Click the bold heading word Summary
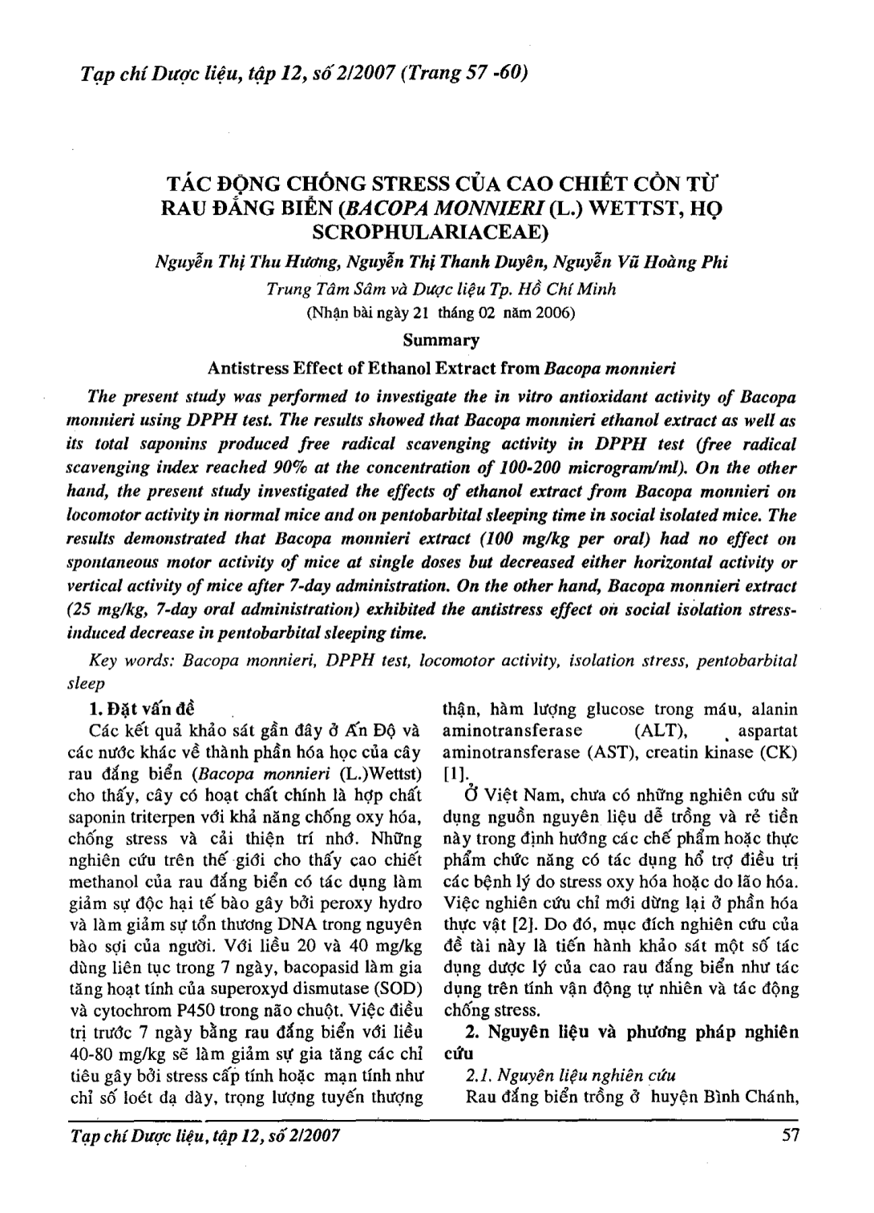click(x=440, y=340)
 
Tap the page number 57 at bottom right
click(x=790, y=1135)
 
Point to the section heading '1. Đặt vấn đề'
click(x=141, y=710)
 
